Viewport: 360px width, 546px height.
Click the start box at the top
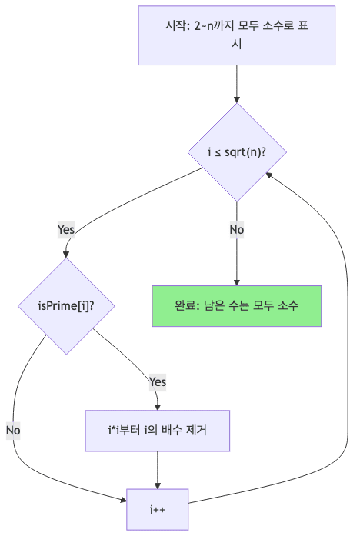tap(236, 35)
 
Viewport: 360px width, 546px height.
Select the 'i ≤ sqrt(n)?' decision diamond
tap(236, 152)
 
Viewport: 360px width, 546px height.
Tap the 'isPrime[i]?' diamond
tap(66, 305)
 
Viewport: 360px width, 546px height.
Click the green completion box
tap(236, 305)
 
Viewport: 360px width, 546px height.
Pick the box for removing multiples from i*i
tap(158, 431)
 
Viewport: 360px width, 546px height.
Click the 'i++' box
tap(158, 508)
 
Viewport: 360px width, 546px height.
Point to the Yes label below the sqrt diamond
tap(67, 228)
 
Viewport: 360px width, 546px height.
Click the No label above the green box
tap(236, 228)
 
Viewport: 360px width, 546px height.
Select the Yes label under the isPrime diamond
tap(157, 381)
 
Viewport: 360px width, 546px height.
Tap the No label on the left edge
tap(12, 430)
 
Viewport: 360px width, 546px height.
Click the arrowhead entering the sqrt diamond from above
tap(236, 100)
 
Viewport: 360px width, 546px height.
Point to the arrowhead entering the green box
tap(236, 281)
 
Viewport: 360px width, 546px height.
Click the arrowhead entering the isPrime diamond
tap(67, 255)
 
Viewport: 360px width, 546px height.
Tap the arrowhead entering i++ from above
tap(158, 485)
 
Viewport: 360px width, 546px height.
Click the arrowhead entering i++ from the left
tap(124, 501)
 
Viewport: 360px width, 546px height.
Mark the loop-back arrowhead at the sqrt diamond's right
tap(268, 174)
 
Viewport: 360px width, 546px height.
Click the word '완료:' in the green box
tap(187, 305)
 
